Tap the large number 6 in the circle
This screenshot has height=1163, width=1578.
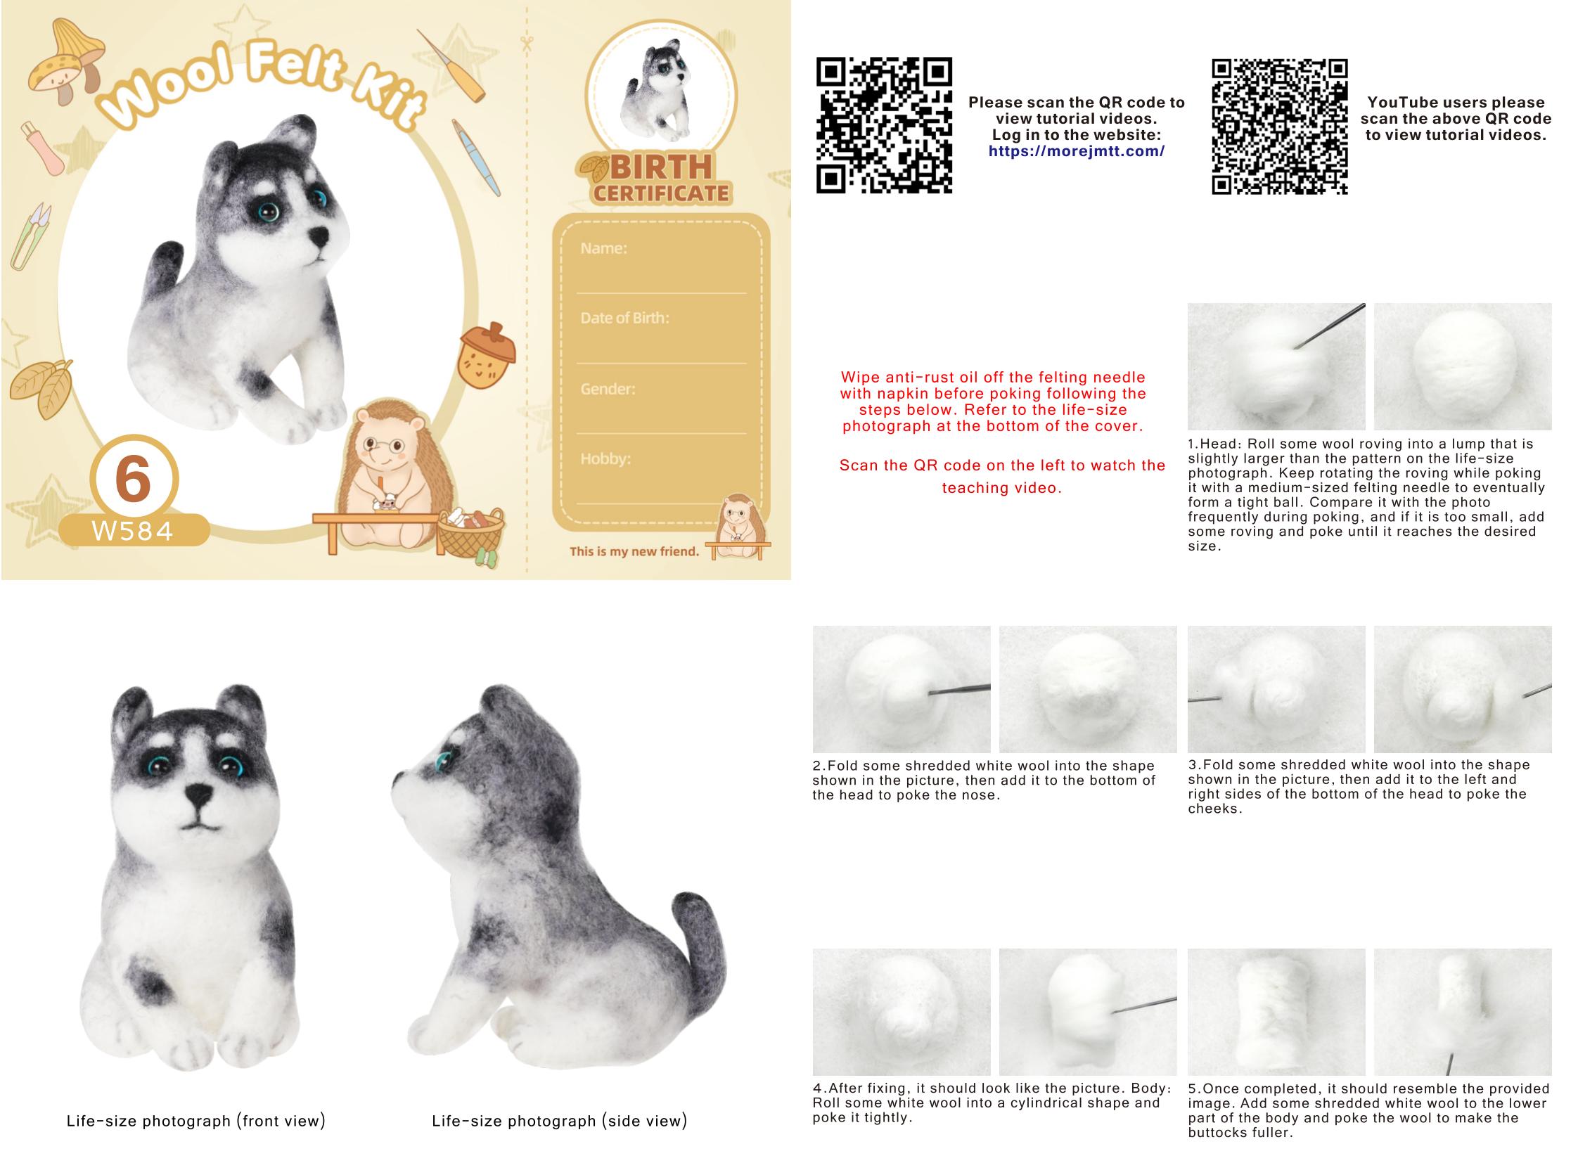point(133,479)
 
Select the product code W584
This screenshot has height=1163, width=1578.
point(132,531)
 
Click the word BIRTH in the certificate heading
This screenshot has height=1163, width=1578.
point(661,168)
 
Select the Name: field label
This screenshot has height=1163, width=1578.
point(603,248)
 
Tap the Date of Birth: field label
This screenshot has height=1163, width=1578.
point(624,319)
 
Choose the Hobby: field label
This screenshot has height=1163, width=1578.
point(605,459)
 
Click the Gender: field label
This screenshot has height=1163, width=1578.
point(608,389)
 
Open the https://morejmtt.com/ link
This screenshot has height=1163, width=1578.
point(1076,151)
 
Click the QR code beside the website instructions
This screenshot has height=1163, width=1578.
point(884,125)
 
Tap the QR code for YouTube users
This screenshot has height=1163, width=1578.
point(1279,127)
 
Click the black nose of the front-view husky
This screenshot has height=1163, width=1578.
point(199,797)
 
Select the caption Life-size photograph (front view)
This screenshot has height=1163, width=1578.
point(195,1121)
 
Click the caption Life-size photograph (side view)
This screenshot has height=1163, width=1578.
point(559,1121)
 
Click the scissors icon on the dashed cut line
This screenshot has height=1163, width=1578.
point(527,44)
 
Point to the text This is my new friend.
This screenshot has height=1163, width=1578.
point(634,551)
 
